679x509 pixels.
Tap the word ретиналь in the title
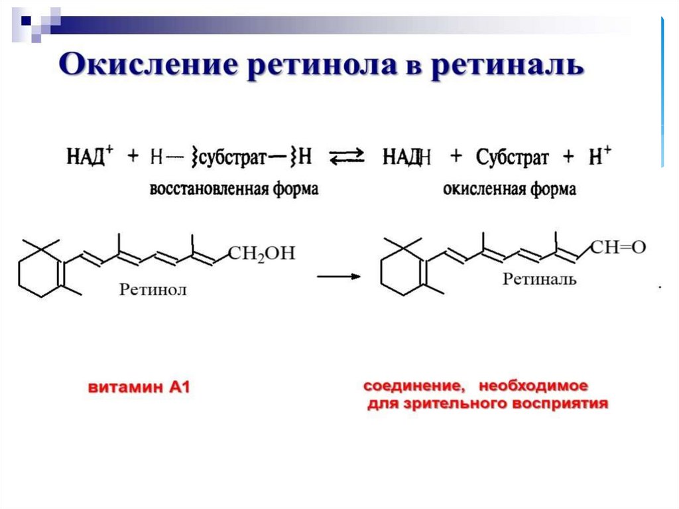507,66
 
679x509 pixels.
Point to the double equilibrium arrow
347,157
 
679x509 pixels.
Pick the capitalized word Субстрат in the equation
512,158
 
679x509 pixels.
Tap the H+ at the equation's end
599,157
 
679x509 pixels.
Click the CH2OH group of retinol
261,254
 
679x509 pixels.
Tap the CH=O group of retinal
617,248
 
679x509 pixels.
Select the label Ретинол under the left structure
153,289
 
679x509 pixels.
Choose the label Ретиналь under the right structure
539,279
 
